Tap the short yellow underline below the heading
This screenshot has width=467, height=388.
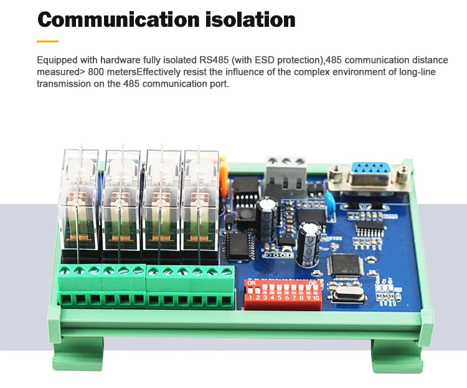(47, 41)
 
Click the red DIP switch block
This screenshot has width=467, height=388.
(283, 292)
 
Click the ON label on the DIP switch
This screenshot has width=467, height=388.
(252, 283)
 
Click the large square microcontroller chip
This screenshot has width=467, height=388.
(344, 266)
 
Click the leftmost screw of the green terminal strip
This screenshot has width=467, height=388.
(64, 271)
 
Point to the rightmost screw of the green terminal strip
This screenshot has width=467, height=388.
(226, 271)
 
